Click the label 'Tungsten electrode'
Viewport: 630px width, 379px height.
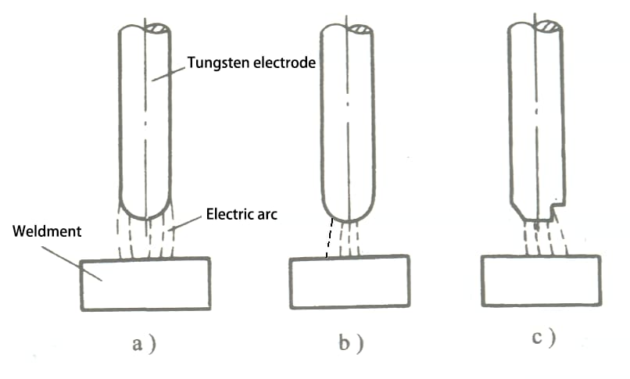[x=251, y=64]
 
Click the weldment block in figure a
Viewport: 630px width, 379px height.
[x=145, y=283]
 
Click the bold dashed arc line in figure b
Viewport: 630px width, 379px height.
[x=330, y=238]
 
